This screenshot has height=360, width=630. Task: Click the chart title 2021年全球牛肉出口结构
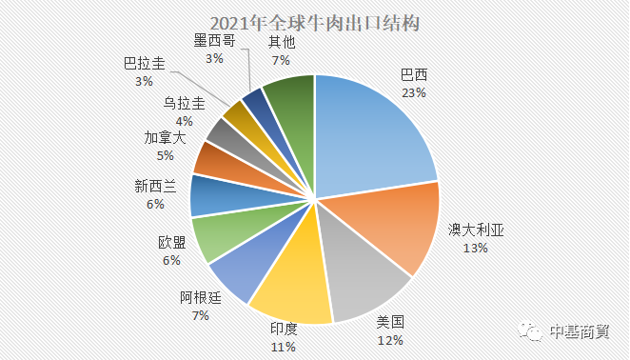[x=315, y=22]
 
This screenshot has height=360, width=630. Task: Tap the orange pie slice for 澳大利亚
[x=395, y=228]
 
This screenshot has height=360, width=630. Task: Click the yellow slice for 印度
[x=289, y=290]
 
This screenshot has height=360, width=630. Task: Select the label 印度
[x=284, y=329]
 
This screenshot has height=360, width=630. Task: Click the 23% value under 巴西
[x=414, y=93]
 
